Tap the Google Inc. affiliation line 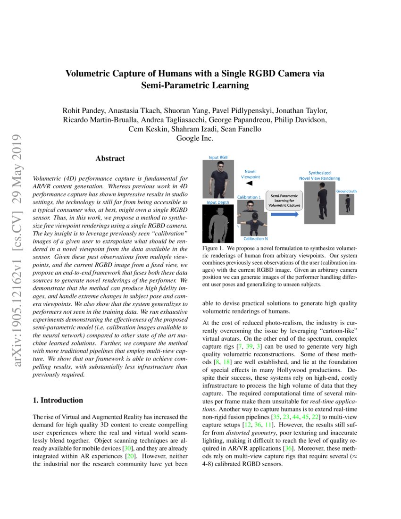(x=195, y=138)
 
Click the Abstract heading (x=110, y=159)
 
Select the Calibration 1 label (x=248, y=197)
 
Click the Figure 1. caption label (x=212, y=248)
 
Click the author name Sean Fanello (x=240, y=129)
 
